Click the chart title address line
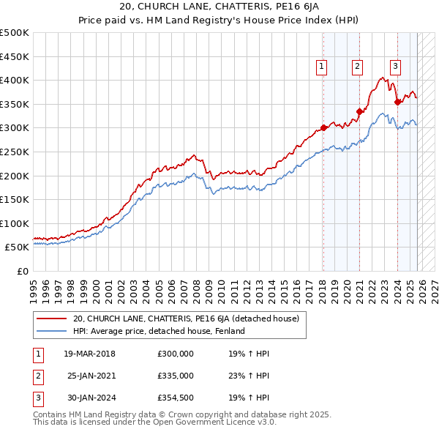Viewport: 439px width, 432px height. coord(219,8)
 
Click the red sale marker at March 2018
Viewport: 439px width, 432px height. coord(323,128)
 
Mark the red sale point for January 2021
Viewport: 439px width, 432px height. coord(359,111)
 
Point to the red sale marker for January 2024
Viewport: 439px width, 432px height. coord(397,102)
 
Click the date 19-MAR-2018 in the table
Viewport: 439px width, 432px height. coord(90,354)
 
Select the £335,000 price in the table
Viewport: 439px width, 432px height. coord(175,376)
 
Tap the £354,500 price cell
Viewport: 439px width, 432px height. coord(175,398)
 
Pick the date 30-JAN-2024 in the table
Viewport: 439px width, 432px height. coord(91,398)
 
